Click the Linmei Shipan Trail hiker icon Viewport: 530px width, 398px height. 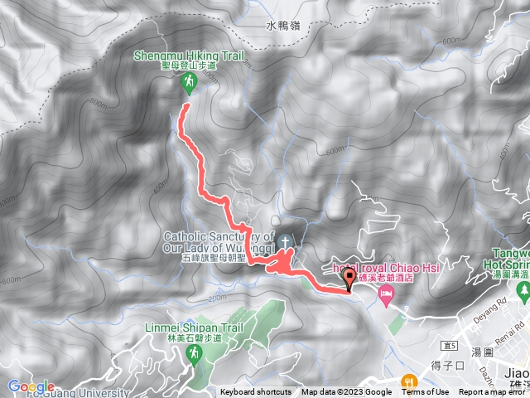[x=193, y=353]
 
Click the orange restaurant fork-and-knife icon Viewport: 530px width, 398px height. [x=408, y=381]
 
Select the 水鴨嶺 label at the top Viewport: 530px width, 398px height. [x=282, y=26]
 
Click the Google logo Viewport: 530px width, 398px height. [x=31, y=386]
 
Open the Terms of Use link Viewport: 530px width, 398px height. [x=426, y=392]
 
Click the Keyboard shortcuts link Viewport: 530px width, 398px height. [x=256, y=392]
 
